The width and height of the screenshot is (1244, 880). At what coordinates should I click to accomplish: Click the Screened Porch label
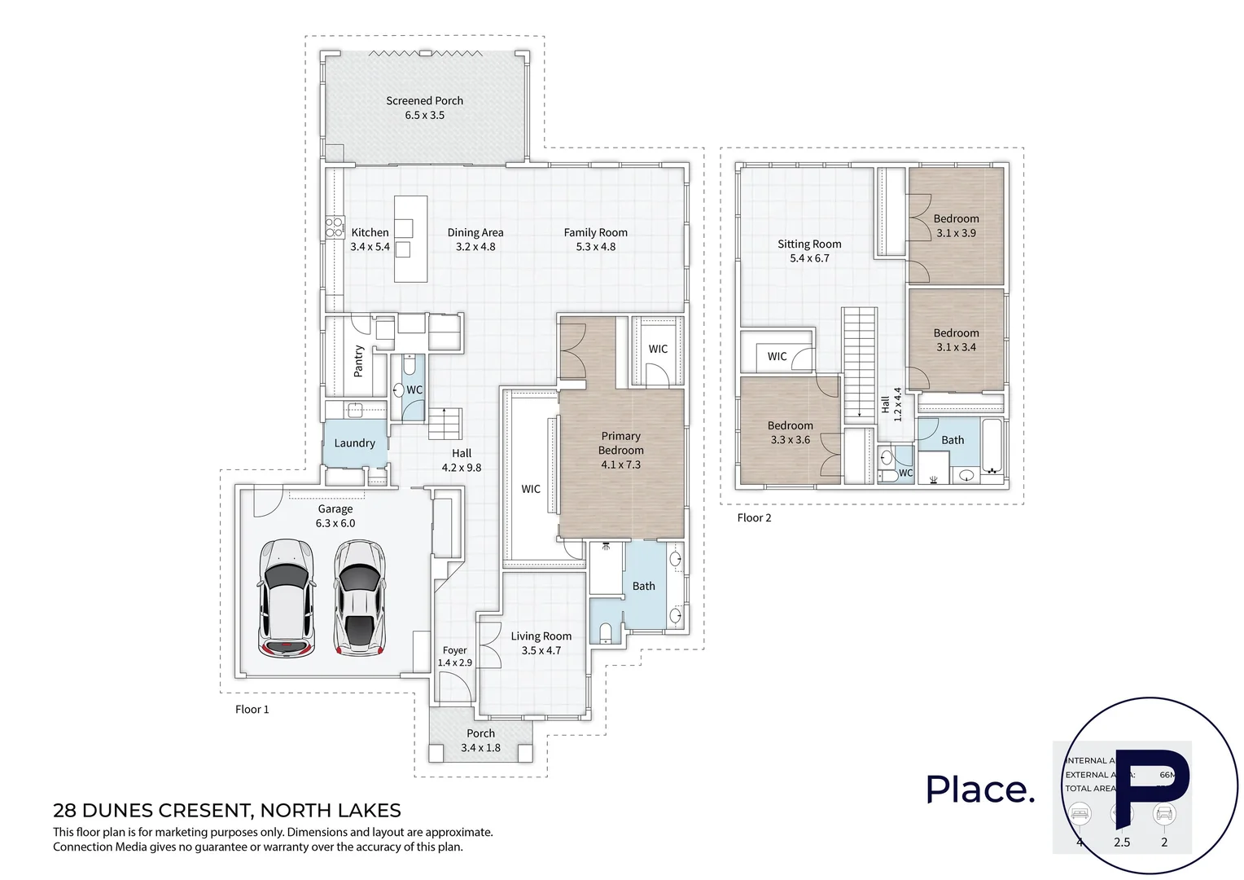(424, 101)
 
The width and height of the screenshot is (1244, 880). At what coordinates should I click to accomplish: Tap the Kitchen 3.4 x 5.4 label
(370, 240)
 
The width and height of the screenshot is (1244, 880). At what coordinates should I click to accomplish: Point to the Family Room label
(595, 233)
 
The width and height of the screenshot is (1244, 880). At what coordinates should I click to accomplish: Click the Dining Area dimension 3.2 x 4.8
(475, 247)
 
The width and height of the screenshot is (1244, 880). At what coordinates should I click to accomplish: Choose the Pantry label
(358, 361)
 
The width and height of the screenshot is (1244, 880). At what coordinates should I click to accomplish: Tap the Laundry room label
(354, 443)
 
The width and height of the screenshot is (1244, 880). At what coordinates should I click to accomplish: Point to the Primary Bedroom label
(620, 443)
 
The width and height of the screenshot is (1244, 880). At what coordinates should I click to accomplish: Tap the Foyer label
(454, 650)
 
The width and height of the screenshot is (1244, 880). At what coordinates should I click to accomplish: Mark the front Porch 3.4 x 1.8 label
(480, 740)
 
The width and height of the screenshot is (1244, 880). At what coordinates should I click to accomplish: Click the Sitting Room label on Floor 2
(809, 244)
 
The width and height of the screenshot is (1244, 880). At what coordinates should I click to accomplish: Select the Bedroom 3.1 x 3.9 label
(956, 226)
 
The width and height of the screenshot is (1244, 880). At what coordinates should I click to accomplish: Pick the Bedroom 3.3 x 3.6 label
(790, 433)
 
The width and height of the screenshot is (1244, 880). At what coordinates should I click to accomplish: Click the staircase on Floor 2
(859, 363)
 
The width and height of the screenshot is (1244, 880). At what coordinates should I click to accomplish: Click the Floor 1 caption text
(252, 710)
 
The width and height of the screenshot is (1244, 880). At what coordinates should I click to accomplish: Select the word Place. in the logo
(980, 789)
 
